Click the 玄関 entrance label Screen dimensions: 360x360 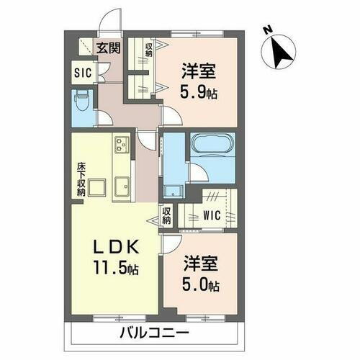click(109, 48)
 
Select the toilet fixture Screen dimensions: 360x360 click(81, 102)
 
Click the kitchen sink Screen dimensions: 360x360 click(120, 189)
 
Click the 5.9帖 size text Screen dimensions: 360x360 click(197, 94)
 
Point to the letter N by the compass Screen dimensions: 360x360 click(267, 30)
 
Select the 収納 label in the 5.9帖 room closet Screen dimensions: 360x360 click(149, 49)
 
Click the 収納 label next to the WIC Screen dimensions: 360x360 click(166, 215)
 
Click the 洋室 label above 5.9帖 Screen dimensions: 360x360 click(197, 73)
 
